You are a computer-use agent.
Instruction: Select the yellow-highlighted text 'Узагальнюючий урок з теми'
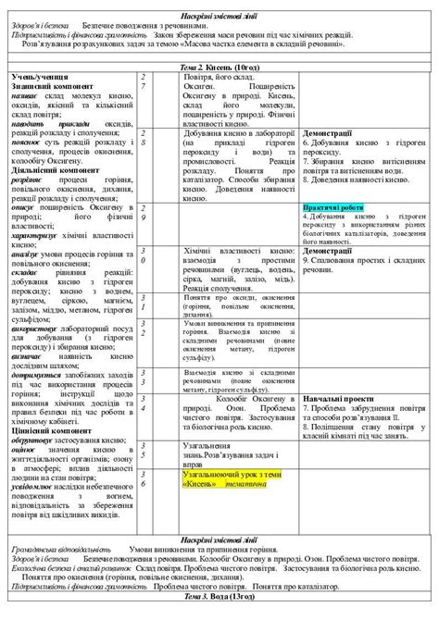[x=204, y=473]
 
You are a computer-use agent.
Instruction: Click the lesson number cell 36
[x=144, y=478]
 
